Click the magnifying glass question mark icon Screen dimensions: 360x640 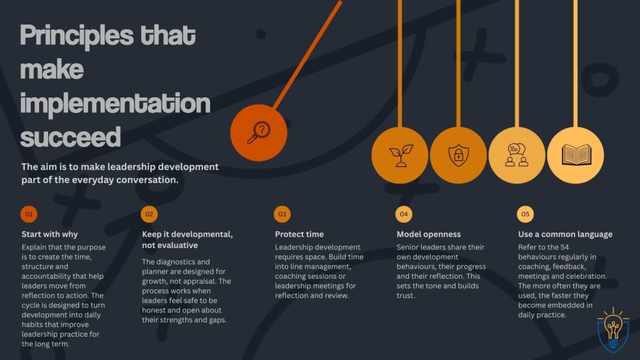point(259,132)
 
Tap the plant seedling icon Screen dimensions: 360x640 point(399,155)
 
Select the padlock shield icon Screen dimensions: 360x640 point(458,155)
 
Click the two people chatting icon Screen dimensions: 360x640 point(517,155)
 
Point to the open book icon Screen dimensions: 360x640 point(576,155)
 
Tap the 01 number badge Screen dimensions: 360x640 point(28,214)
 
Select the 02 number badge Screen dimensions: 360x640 point(149,214)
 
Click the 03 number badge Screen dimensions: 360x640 point(282,214)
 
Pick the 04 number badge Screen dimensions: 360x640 point(404,214)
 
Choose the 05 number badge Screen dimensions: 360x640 point(525,214)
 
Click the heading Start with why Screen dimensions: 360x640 point(49,234)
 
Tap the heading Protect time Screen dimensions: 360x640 point(299,234)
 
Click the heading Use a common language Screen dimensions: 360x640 point(565,234)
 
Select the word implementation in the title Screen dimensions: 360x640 point(115,102)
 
